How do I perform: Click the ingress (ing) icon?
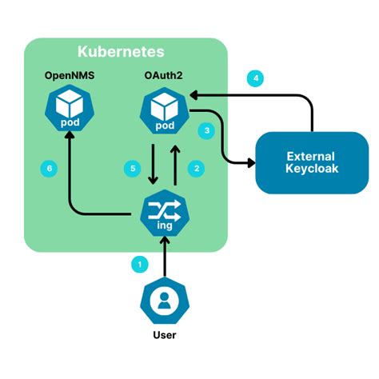[x=165, y=213]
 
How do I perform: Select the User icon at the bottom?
[x=165, y=301]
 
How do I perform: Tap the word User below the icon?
[x=165, y=335]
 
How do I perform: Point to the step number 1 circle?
[x=140, y=262]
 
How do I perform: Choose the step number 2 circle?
[x=193, y=168]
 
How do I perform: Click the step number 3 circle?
[x=207, y=130]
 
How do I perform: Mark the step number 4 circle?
[x=255, y=78]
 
